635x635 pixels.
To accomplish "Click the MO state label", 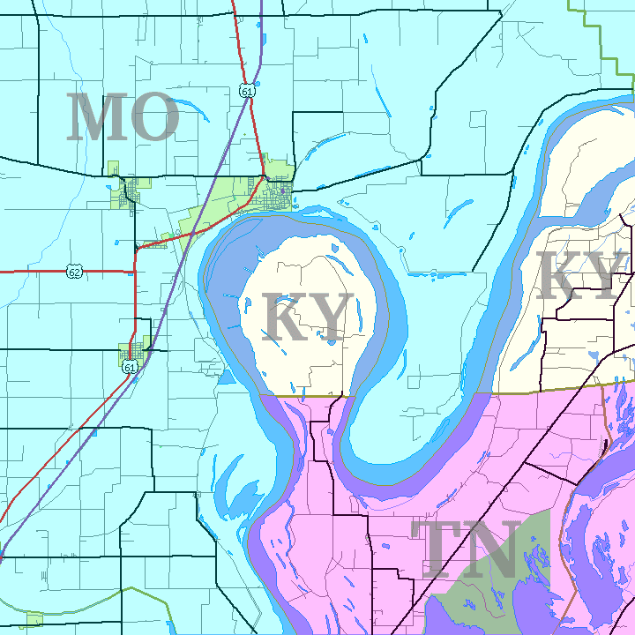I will [122, 118].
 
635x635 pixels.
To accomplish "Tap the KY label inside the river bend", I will [308, 318].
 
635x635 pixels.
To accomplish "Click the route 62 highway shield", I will [75, 272].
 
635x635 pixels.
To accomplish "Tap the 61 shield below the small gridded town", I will [131, 367].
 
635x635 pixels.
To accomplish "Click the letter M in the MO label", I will [95, 118].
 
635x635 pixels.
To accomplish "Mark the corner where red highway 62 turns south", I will [136, 252].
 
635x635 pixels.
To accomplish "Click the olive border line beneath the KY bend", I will [304, 397].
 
